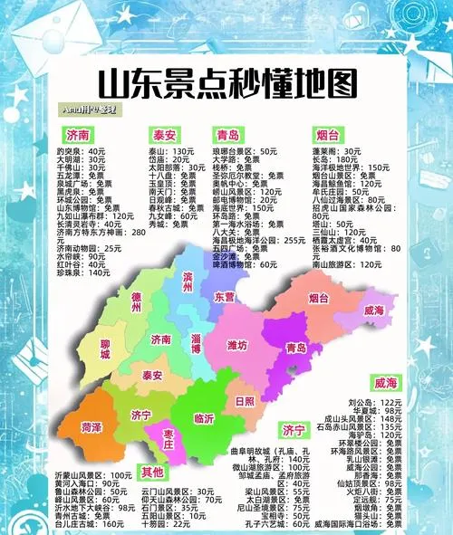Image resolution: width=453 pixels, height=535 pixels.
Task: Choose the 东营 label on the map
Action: coord(225,296)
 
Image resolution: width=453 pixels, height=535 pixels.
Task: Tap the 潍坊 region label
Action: coord(236,345)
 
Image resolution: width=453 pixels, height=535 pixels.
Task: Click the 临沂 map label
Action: coord(206,419)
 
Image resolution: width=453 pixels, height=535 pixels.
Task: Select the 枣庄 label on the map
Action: coord(169,437)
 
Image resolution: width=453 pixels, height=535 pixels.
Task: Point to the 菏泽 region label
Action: coord(92,426)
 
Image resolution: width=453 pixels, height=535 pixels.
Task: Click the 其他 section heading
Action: coord(152,471)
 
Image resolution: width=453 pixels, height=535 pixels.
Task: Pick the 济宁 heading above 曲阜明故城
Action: coord(293,429)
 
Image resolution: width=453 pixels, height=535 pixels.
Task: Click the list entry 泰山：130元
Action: coord(172,150)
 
